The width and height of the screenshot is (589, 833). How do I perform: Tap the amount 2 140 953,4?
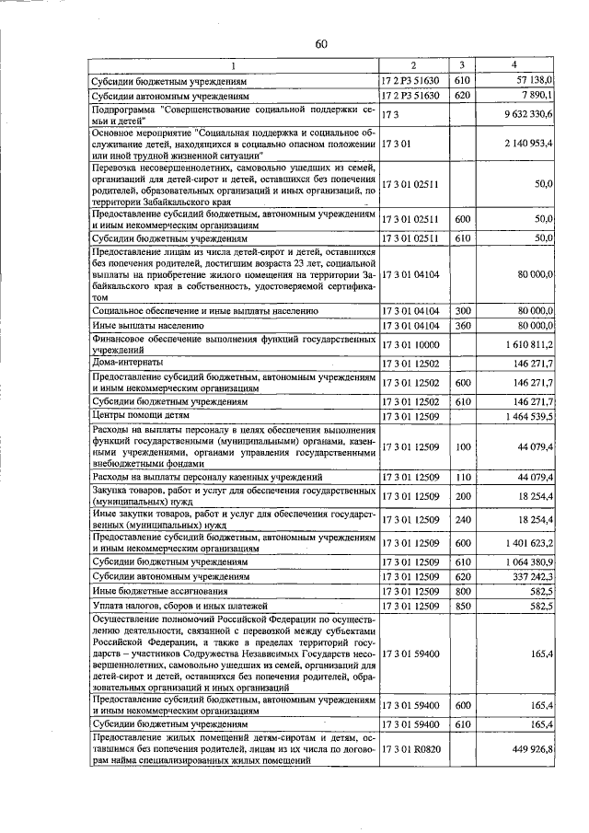(527, 145)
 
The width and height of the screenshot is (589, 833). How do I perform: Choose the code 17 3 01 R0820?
(411, 751)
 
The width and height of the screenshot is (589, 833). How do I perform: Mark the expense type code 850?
(463, 606)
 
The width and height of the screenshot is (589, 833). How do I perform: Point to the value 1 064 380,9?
(528, 561)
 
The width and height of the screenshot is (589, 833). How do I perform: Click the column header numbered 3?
(463, 64)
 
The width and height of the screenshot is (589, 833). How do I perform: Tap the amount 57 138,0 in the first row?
(533, 80)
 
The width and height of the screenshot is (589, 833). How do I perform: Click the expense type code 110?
(463, 478)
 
